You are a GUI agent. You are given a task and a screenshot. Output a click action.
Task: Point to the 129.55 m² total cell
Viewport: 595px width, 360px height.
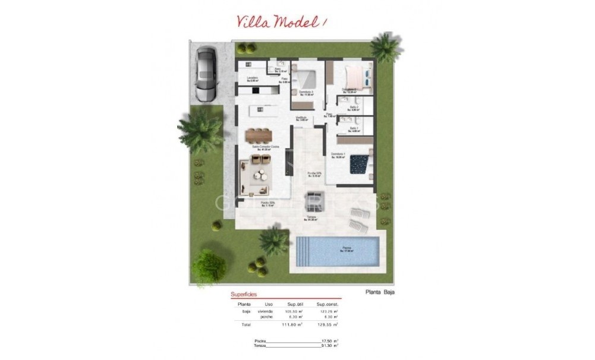328,325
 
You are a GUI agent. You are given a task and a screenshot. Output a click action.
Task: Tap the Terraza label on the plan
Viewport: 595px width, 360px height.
310,217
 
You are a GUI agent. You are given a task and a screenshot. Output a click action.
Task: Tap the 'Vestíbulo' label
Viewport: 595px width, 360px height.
301,118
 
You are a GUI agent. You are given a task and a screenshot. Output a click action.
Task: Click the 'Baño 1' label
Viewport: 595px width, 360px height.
353,128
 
